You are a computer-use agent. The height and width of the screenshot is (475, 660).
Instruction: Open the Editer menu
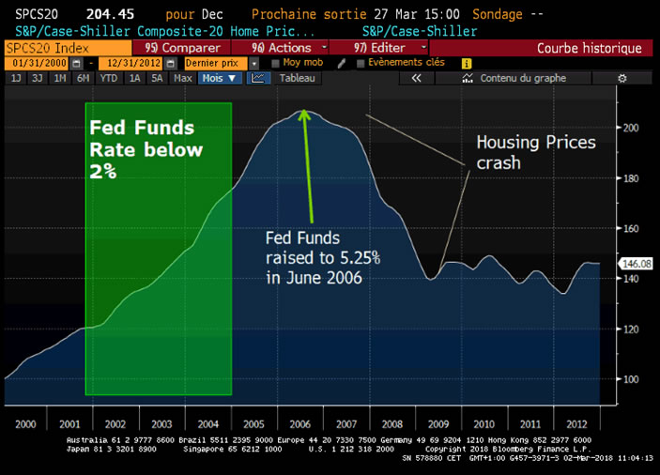[x=386, y=48]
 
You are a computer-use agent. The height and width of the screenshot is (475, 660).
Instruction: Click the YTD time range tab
[x=109, y=78]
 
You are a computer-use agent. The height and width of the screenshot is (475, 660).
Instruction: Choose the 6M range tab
[x=84, y=78]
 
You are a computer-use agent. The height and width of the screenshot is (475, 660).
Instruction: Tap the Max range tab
[x=183, y=78]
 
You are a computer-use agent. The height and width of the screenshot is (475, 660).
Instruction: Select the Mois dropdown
[x=219, y=78]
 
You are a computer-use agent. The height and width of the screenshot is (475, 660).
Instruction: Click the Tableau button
[x=296, y=78]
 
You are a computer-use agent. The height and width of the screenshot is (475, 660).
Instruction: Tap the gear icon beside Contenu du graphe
[x=622, y=78]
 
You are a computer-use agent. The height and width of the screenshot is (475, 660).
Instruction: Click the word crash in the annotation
[x=499, y=162]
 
